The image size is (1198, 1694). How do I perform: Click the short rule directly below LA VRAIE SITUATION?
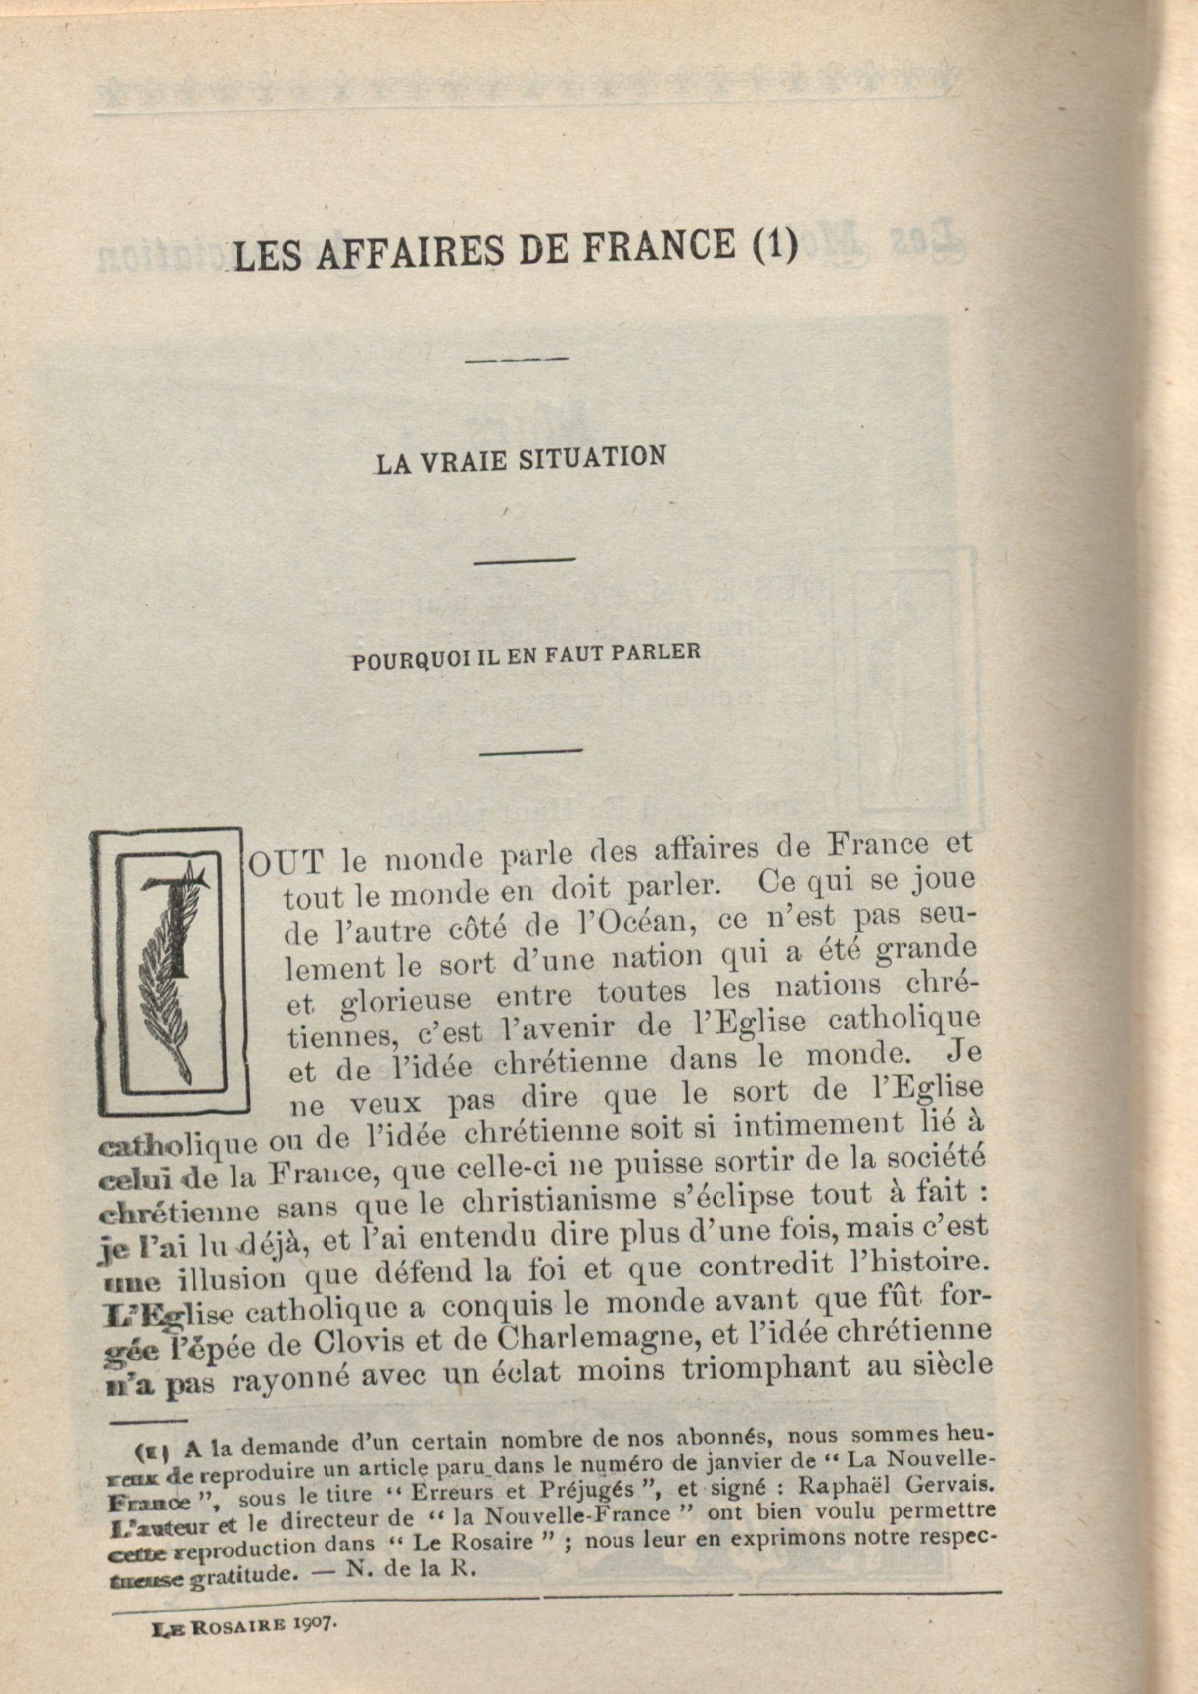point(524,560)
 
